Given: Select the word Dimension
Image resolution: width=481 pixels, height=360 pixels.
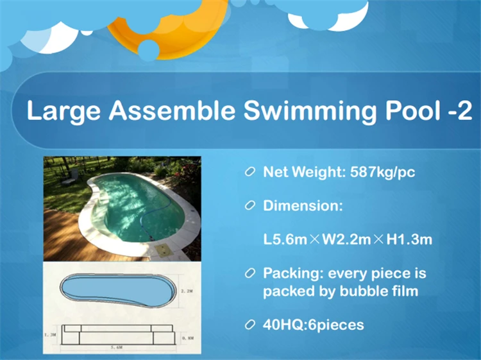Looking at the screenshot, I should [x=303, y=206].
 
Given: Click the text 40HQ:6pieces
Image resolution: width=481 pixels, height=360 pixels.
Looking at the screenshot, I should [x=313, y=325].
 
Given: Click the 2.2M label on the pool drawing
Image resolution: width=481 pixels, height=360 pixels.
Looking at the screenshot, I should [x=187, y=290].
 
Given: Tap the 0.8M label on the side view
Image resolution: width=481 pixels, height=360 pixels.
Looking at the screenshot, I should [x=187, y=336].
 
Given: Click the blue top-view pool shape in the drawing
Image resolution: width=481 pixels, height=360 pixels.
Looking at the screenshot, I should [x=115, y=292].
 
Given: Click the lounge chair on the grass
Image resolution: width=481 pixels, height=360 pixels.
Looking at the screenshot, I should [x=72, y=173].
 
